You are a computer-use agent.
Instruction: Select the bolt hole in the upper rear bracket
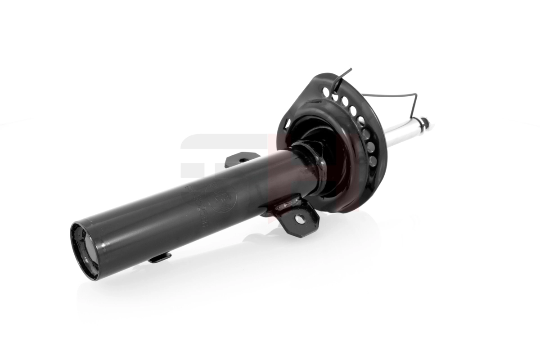[243, 159]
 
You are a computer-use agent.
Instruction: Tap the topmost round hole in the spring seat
[325, 92]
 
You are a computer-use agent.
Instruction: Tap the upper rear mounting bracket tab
[241, 158]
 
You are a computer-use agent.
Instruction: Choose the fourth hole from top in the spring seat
[353, 110]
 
